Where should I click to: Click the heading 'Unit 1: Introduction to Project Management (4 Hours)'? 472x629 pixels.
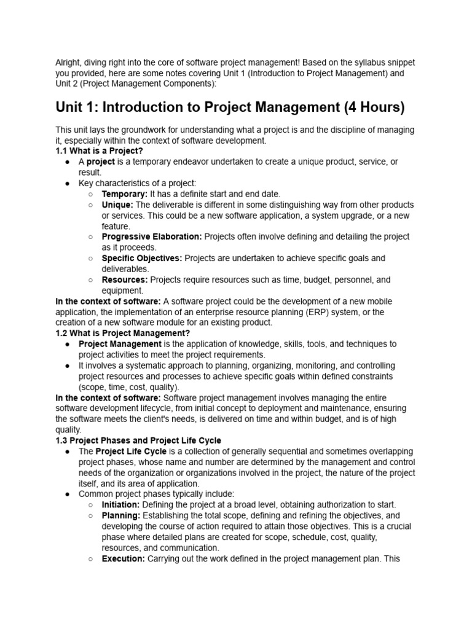(230, 107)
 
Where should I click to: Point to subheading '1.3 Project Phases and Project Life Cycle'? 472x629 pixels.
(138, 440)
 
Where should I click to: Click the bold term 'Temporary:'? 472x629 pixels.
(125, 194)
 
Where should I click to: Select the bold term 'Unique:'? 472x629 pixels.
(117, 205)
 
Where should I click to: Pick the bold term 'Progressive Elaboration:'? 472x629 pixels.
(152, 236)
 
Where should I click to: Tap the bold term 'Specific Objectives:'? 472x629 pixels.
(142, 258)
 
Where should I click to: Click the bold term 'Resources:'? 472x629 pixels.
(125, 279)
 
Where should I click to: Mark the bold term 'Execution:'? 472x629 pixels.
(124, 558)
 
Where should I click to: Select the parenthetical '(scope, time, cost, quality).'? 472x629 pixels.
(129, 387)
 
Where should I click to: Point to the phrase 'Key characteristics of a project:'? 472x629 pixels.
(137, 183)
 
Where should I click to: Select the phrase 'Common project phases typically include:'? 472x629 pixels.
(156, 494)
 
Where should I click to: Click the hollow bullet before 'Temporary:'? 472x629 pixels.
(90, 194)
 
